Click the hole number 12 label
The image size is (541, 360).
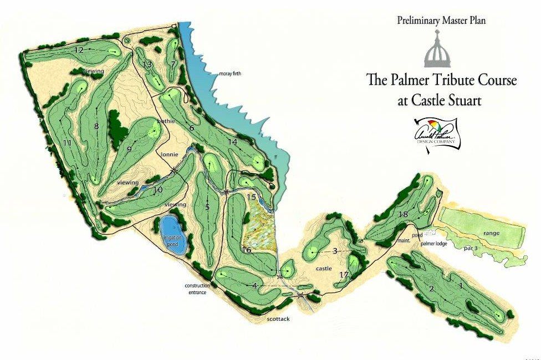pos(79,50)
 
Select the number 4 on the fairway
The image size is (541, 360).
pos(254,286)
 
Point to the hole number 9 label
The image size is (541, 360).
pos(129,148)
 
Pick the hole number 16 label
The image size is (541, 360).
pos(247,250)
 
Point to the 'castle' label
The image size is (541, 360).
pos(323,269)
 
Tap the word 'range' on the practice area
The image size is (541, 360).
pos(491,233)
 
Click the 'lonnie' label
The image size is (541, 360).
pos(170,154)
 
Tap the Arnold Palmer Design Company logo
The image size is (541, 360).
pos(436,133)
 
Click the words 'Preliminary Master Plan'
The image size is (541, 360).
pos(442,21)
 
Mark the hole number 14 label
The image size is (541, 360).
pos(233,142)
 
